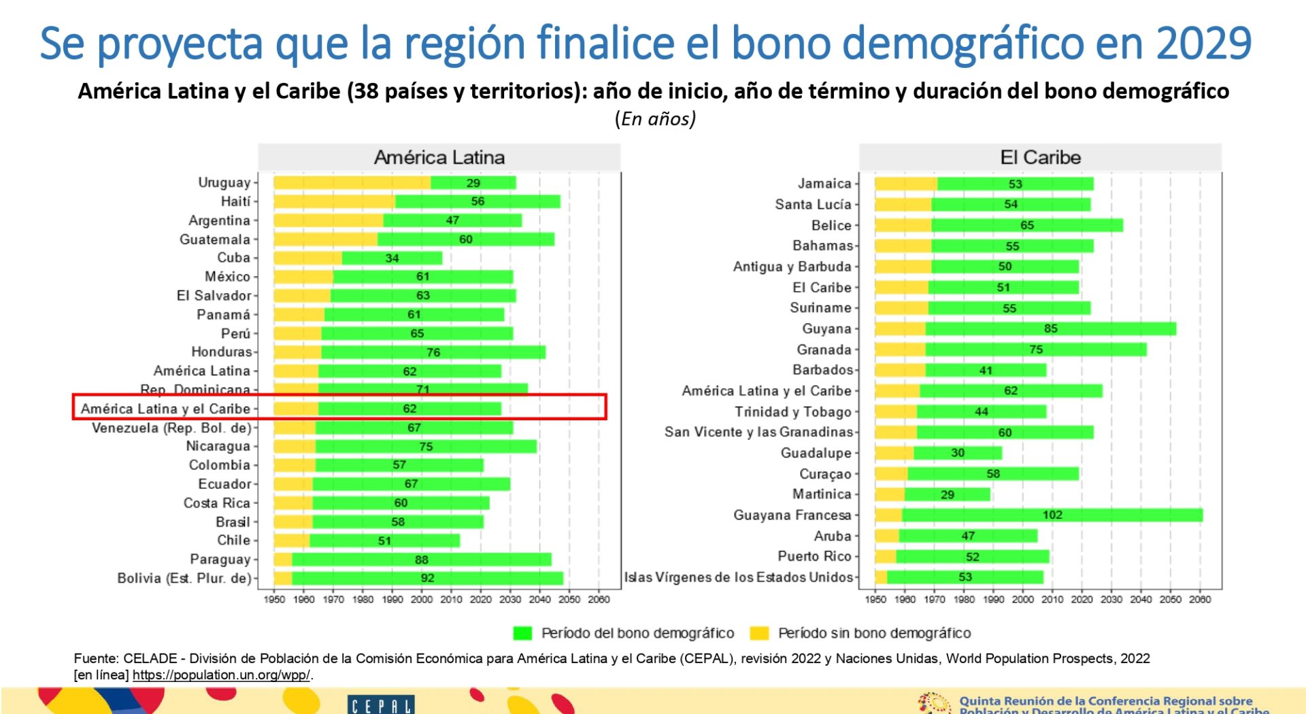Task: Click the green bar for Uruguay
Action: [473, 183]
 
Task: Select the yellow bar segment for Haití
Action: [334, 202]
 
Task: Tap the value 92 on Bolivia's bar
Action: [427, 578]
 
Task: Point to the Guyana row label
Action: [826, 329]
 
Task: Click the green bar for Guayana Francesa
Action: [1052, 515]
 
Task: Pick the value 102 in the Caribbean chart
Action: [1052, 515]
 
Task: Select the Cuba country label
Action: [233, 258]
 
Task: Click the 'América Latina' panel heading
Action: [439, 158]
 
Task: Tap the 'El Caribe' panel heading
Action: [1040, 158]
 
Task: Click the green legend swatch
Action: [522, 633]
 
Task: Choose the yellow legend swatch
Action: [759, 633]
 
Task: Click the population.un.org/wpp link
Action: [221, 675]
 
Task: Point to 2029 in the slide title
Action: [1203, 44]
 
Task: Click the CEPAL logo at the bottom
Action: [380, 705]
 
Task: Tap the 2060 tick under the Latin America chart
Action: [599, 600]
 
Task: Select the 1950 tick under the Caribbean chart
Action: [875, 600]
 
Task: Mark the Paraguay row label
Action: [220, 560]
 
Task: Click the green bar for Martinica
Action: [947, 495]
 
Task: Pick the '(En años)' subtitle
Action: [655, 119]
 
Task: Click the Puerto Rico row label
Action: [814, 557]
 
